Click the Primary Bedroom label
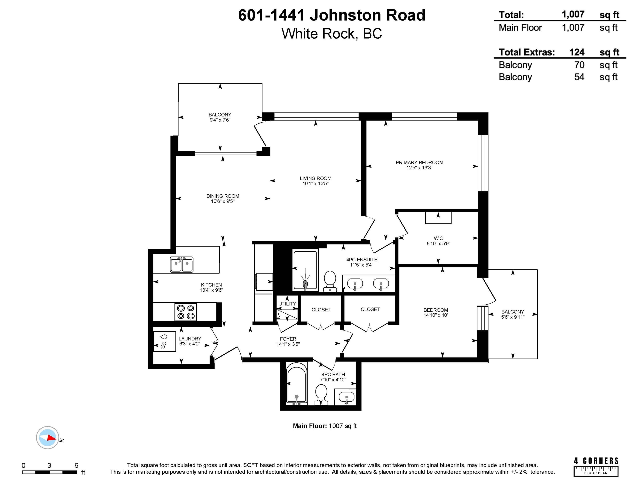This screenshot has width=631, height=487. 419,162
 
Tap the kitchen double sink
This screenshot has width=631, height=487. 181,264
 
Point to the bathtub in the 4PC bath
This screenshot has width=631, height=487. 296,384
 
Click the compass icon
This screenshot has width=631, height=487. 48,437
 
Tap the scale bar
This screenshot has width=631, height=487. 49,472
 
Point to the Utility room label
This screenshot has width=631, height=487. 287,304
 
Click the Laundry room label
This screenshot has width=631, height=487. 190,339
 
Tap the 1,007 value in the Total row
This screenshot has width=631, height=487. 573,14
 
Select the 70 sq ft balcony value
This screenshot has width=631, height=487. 579,65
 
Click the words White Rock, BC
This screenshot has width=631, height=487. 331,34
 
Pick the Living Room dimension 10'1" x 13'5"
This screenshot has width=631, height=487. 315,183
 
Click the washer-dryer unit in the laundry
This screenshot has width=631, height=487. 164,341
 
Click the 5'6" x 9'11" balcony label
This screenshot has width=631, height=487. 513,317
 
